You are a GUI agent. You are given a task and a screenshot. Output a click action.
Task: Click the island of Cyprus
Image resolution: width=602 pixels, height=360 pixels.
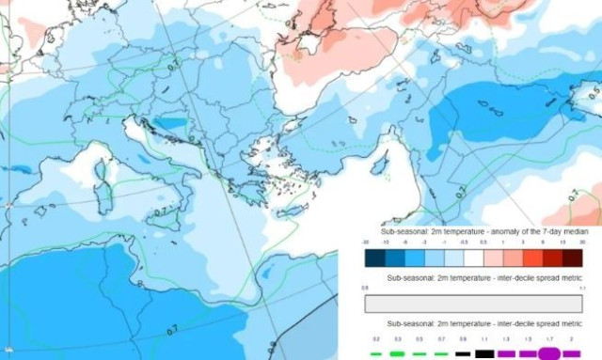(380, 166)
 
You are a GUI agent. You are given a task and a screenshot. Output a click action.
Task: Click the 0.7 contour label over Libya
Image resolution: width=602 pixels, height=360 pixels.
(172, 330)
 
